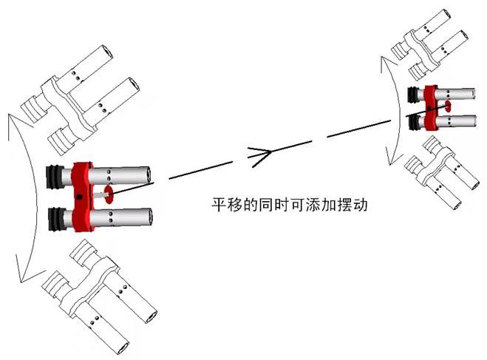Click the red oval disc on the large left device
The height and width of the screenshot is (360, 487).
[109, 194]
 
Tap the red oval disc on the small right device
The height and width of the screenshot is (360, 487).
[448, 106]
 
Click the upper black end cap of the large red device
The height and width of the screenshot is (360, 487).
[53, 177]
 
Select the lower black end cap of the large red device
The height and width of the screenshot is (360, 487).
[56, 220]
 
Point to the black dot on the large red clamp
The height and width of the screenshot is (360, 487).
[80, 197]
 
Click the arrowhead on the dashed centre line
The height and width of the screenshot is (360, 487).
[259, 156]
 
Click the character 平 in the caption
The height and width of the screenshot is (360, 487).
[219, 205]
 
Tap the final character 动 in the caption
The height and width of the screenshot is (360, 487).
[360, 205]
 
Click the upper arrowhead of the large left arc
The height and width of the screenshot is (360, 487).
[18, 122]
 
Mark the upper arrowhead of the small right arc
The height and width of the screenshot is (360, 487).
[386, 63]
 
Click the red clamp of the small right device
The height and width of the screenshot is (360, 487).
[431, 107]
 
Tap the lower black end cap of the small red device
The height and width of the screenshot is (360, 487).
[413, 123]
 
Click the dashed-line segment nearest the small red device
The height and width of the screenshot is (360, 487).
[359, 129]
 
